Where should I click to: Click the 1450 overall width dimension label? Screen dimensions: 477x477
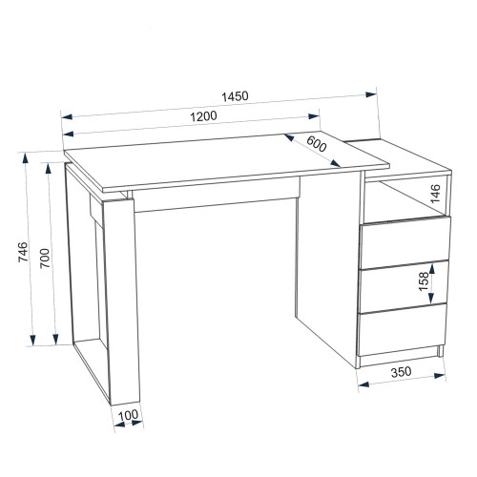coord(235,96)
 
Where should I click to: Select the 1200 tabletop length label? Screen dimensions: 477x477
coord(203,116)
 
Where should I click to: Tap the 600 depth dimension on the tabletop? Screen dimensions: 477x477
coord(317,144)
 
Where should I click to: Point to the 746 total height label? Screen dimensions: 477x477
coord(23,252)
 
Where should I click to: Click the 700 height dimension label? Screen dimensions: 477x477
coord(45,258)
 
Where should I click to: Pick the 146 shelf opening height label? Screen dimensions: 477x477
coord(435,194)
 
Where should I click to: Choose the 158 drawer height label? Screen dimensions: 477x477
coord(424,281)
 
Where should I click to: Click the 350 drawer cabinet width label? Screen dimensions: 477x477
coord(401,372)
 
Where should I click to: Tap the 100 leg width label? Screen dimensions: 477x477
coord(128,415)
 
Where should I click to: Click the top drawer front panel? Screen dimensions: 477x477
coord(405,242)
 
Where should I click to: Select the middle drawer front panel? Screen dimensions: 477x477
coord(404,286)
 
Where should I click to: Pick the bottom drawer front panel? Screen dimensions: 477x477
coord(402,329)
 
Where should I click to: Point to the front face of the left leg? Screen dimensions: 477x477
coord(121,301)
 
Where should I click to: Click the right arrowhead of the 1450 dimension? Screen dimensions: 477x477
coord(371,94)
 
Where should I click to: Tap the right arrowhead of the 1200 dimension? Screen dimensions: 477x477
coord(314,116)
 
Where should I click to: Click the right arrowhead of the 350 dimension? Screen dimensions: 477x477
coord(440,376)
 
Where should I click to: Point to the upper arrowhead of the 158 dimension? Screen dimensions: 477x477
coord(431,268)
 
